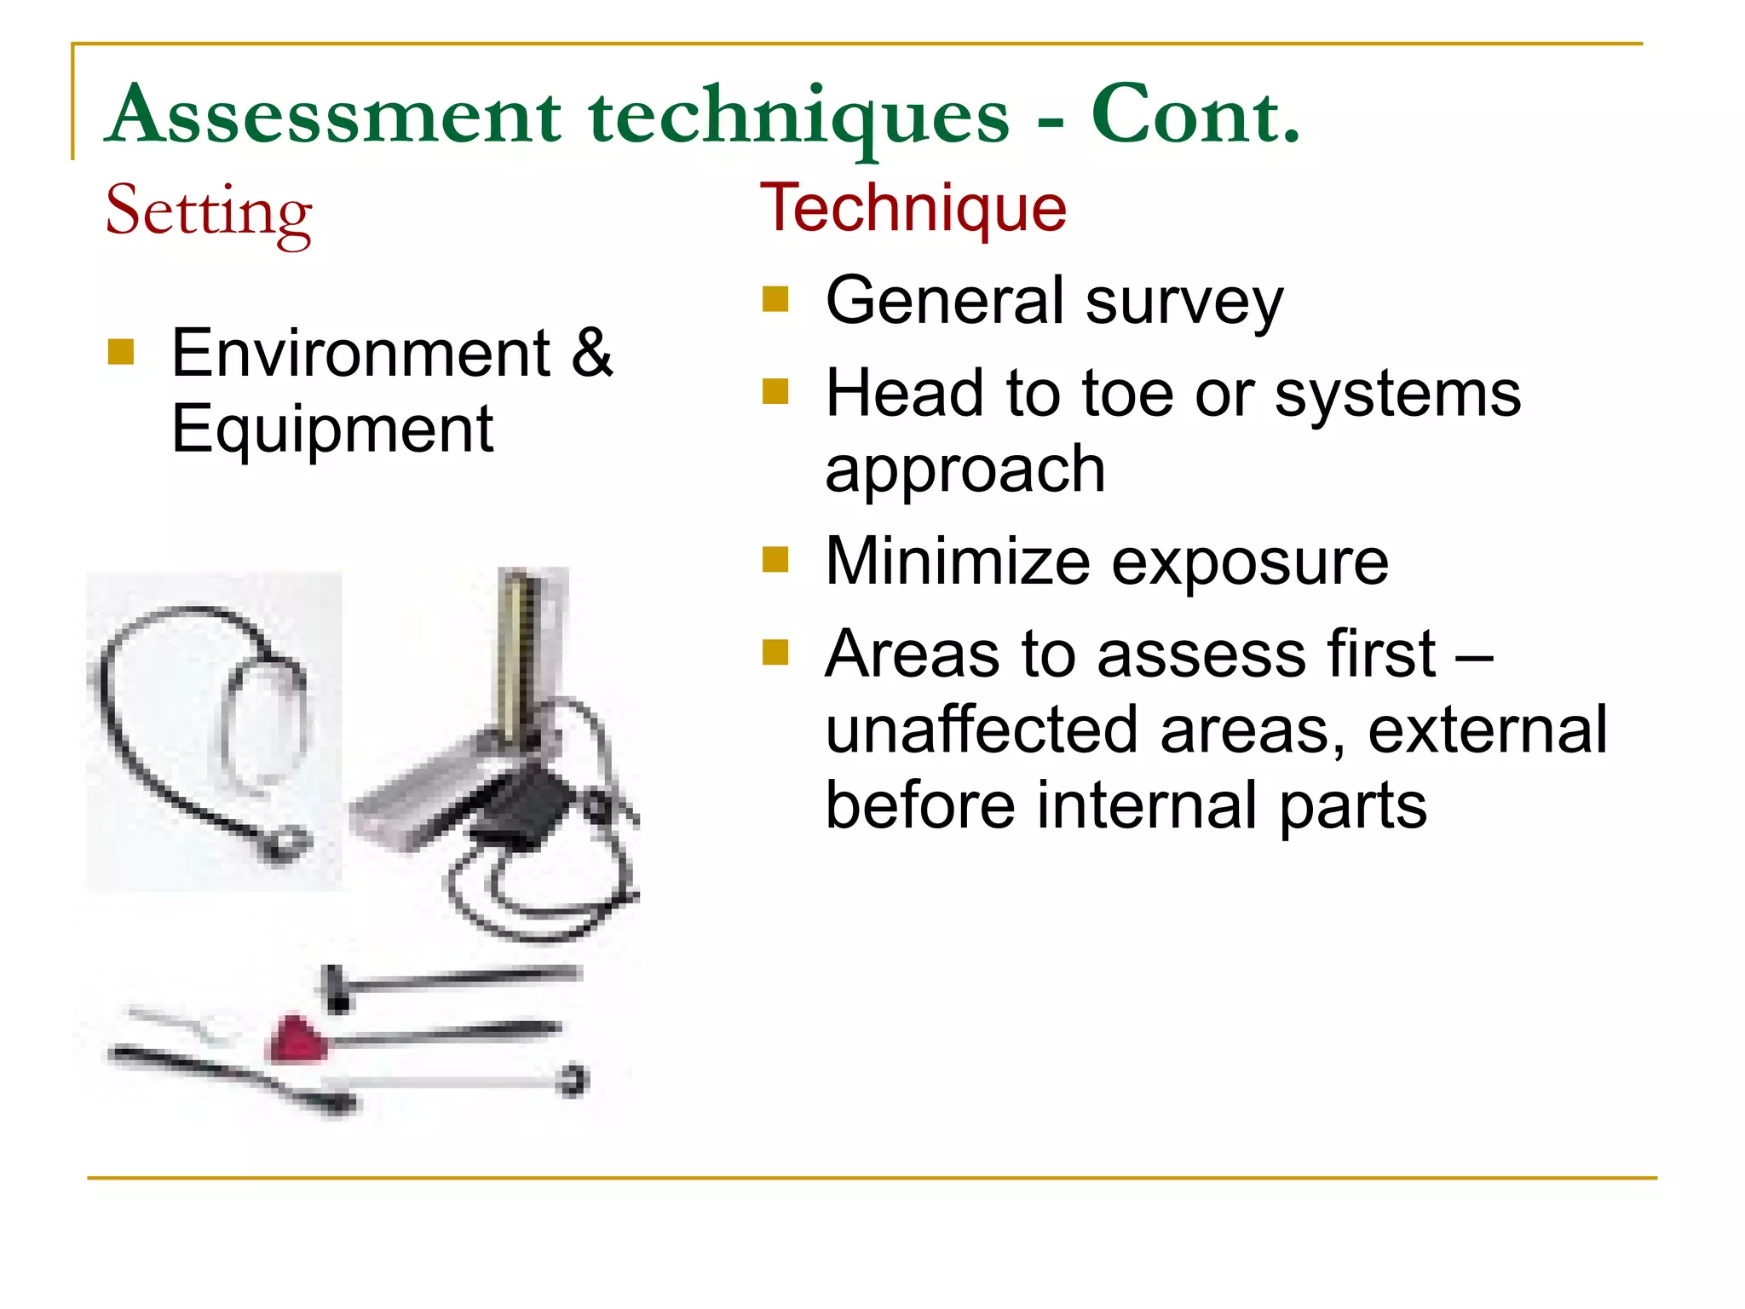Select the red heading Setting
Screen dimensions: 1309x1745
(209, 211)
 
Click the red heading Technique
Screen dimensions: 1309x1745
(913, 208)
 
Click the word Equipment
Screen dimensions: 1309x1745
(332, 429)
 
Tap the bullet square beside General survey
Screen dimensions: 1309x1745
(775, 299)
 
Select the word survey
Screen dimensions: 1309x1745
(1183, 302)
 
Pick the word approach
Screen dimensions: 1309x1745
(965, 470)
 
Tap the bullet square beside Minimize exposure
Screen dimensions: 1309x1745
(775, 560)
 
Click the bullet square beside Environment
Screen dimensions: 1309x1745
(121, 351)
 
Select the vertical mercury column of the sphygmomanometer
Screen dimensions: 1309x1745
(515, 656)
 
